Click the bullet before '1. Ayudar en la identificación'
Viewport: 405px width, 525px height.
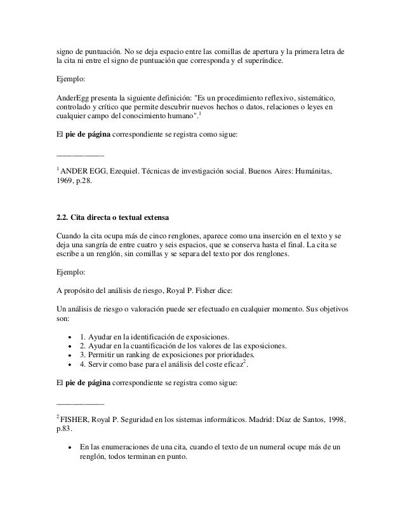(69, 337)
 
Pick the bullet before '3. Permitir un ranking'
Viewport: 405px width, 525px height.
(69, 355)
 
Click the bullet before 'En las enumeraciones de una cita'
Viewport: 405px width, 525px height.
(69, 447)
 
